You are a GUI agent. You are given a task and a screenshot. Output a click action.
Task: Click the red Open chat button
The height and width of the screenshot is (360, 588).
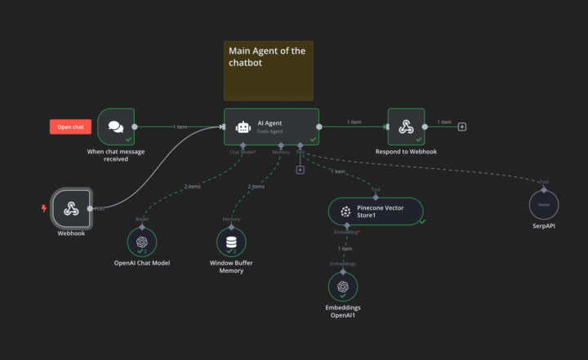pyautogui.click(x=69, y=127)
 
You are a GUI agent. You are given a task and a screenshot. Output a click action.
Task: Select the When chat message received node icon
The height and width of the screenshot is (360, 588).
pyautogui.click(x=116, y=127)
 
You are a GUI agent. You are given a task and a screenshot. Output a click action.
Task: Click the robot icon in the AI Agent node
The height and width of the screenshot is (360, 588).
pyautogui.click(x=243, y=127)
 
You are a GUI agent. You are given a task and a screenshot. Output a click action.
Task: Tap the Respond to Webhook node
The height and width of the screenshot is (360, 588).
pyautogui.click(x=406, y=127)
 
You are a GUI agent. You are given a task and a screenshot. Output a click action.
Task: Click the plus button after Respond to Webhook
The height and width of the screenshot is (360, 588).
pyautogui.click(x=462, y=127)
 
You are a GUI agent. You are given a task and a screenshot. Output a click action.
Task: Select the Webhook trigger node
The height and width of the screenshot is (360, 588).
pyautogui.click(x=71, y=209)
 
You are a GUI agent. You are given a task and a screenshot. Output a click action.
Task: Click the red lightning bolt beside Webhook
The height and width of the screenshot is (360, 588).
pyautogui.click(x=44, y=208)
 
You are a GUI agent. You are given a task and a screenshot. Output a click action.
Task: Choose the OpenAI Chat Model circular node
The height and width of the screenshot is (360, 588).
pyautogui.click(x=141, y=242)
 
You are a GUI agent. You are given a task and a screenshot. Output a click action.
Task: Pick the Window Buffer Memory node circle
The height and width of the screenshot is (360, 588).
pyautogui.click(x=231, y=242)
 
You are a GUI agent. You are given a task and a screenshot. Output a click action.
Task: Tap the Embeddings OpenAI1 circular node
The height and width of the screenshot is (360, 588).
pyautogui.click(x=343, y=287)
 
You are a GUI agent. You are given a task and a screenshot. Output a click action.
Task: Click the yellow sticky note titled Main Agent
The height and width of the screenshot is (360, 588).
pyautogui.click(x=268, y=70)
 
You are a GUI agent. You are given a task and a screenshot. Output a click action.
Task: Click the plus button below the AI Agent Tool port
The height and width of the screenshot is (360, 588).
pyautogui.click(x=300, y=170)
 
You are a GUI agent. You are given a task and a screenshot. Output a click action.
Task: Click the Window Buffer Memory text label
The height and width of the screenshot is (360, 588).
pyautogui.click(x=231, y=266)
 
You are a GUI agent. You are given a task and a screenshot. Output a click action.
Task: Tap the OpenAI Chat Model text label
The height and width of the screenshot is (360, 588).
pyautogui.click(x=141, y=262)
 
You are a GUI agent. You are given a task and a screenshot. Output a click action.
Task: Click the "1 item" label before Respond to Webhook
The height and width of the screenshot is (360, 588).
pyautogui.click(x=354, y=122)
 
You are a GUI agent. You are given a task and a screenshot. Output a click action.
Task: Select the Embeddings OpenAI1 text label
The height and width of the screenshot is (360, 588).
pyautogui.click(x=343, y=311)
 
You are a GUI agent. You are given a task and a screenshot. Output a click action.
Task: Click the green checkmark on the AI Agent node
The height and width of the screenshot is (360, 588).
pyautogui.click(x=313, y=140)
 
